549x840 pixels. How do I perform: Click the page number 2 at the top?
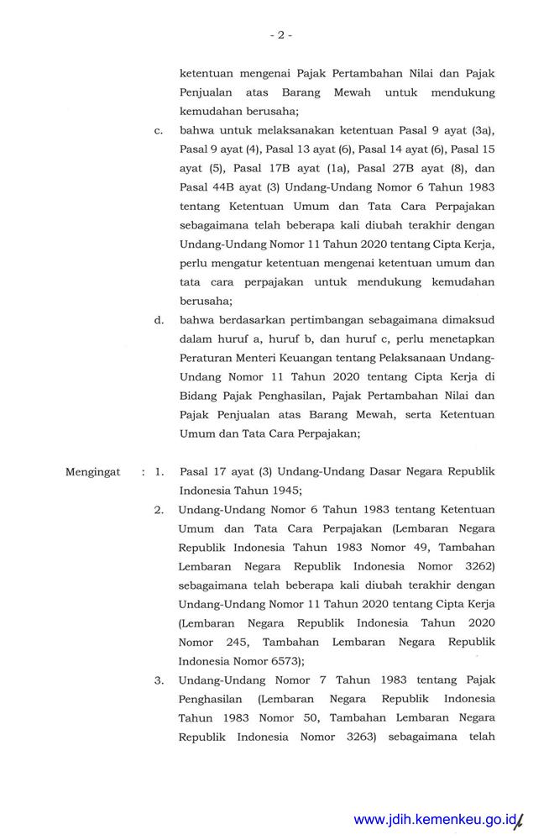pos(280,35)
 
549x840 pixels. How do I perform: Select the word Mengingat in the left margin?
pos(93,472)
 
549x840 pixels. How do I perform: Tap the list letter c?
pos(157,132)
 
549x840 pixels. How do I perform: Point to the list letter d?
pos(157,319)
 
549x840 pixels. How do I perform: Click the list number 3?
pos(158,680)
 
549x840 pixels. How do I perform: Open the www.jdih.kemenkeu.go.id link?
pos(433,820)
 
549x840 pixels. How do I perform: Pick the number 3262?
pos(478,565)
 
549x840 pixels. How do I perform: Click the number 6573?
pos(282,661)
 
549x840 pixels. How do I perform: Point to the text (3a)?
pos(483,132)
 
